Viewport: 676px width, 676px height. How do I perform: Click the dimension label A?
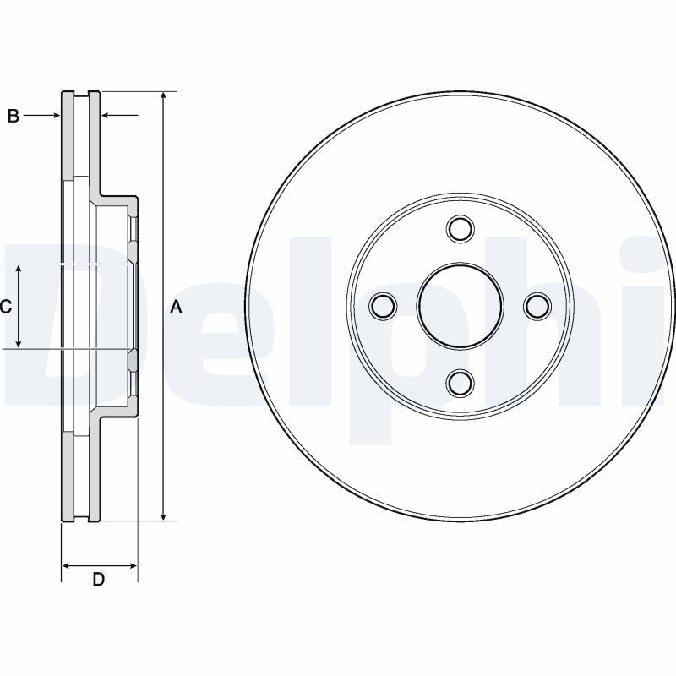point(176,308)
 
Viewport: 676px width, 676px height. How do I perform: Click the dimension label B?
point(13,116)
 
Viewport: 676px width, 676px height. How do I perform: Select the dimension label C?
point(5,308)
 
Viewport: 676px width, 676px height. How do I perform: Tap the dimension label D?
point(99,580)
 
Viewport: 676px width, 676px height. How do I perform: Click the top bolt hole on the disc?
point(461,228)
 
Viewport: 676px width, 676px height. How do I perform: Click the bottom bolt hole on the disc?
point(461,383)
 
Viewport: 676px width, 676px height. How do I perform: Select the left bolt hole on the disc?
point(384,306)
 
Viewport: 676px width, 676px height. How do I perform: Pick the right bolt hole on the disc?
point(537,306)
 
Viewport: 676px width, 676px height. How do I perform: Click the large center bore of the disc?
point(461,306)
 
